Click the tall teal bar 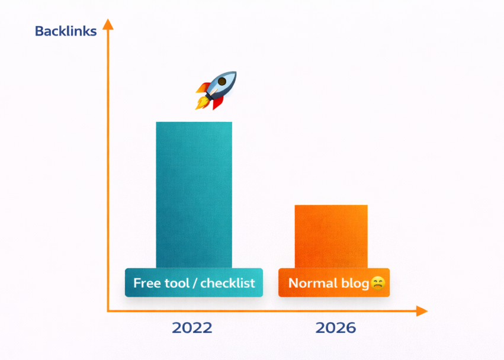[194, 195]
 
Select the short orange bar [331, 236]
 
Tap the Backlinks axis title [66, 31]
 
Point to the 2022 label [192, 328]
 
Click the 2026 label [336, 328]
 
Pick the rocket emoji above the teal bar [216, 91]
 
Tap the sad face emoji [378, 283]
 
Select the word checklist [227, 283]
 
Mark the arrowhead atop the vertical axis [108, 24]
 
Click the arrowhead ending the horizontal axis [422, 311]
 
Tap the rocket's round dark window [221, 81]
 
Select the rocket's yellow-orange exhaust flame [201, 102]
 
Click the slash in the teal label [195, 283]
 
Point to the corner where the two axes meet [108, 311]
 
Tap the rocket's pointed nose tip [236, 72]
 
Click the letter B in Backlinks [39, 31]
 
